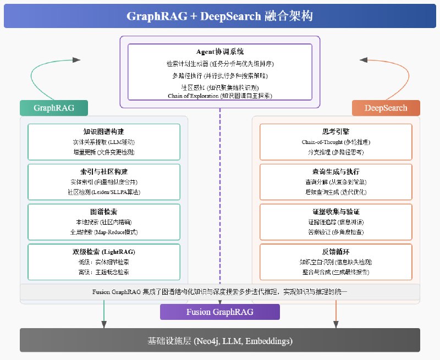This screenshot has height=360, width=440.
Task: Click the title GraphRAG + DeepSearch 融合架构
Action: (219, 16)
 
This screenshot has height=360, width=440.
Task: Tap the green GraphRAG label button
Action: (54, 108)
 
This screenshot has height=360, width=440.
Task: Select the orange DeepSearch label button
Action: (386, 108)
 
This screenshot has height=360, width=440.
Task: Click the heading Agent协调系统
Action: (219, 51)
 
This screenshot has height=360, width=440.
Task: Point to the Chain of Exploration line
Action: (219, 96)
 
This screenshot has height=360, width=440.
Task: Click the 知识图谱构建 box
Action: (104, 141)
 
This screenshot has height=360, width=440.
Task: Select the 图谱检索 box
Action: (104, 221)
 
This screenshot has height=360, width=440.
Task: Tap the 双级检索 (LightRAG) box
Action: (104, 262)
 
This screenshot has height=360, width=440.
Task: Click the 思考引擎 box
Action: (335, 141)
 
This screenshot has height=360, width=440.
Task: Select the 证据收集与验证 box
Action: (335, 221)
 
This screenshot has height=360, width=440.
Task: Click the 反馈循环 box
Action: (335, 262)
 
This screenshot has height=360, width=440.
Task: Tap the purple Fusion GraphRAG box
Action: (219, 312)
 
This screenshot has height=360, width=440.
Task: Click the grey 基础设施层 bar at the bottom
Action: (219, 341)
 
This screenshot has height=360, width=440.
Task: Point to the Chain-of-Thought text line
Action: (335, 142)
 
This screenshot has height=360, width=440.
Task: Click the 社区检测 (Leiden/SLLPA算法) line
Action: (104, 192)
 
